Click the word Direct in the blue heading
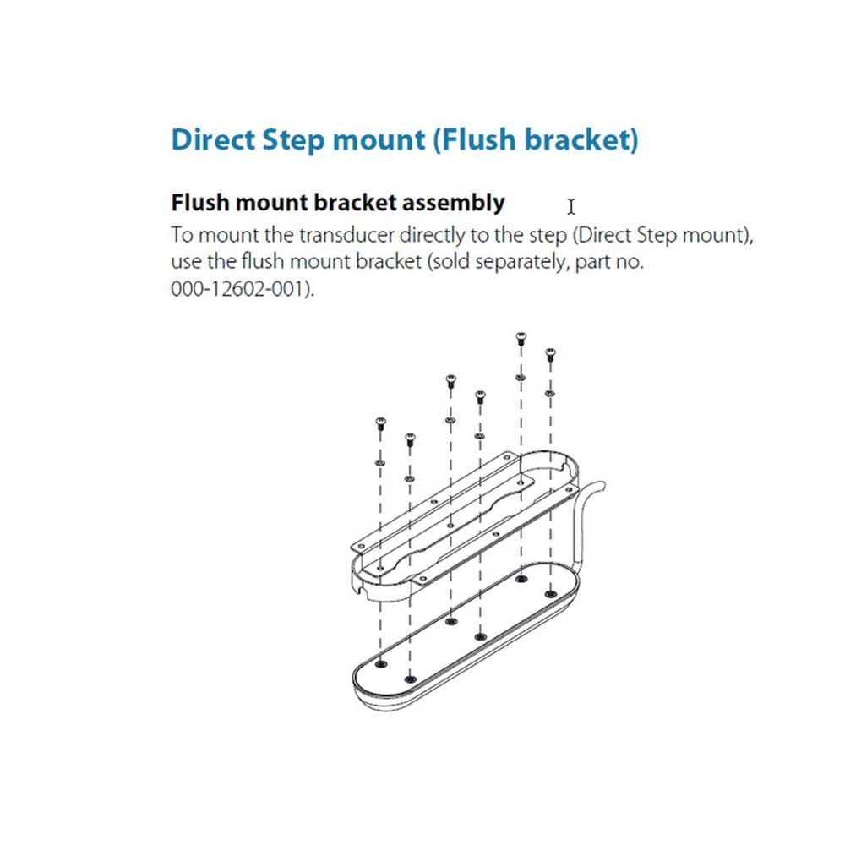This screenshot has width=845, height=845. click(210, 139)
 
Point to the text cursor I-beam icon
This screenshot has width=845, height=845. click(571, 206)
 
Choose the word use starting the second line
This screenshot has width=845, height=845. click(186, 262)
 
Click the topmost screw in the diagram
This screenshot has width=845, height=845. click(520, 339)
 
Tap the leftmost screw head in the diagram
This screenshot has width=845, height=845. click(379, 422)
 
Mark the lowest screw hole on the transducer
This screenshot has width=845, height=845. click(411, 679)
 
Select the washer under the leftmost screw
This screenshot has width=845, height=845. click(379, 462)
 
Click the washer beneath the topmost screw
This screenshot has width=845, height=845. click(520, 378)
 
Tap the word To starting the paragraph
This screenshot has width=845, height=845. click(181, 235)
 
